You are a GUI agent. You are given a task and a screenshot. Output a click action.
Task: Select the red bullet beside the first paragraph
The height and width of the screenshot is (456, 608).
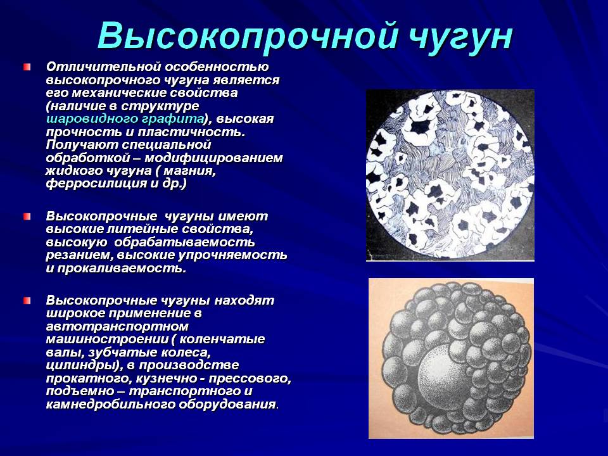point(27,67)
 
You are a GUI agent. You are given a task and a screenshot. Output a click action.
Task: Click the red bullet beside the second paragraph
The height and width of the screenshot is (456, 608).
point(27,217)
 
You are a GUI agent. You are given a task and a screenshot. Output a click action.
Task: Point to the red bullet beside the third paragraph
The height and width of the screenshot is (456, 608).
point(27,300)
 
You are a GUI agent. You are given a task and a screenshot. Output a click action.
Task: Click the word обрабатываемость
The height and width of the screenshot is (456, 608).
point(184,243)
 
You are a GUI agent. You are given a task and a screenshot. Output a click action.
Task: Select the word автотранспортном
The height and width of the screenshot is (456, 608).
point(117,327)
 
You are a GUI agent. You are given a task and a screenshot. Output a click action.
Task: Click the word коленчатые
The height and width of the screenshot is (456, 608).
point(222,339)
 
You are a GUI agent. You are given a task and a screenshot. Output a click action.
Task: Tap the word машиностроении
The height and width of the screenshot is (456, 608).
point(107,339)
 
